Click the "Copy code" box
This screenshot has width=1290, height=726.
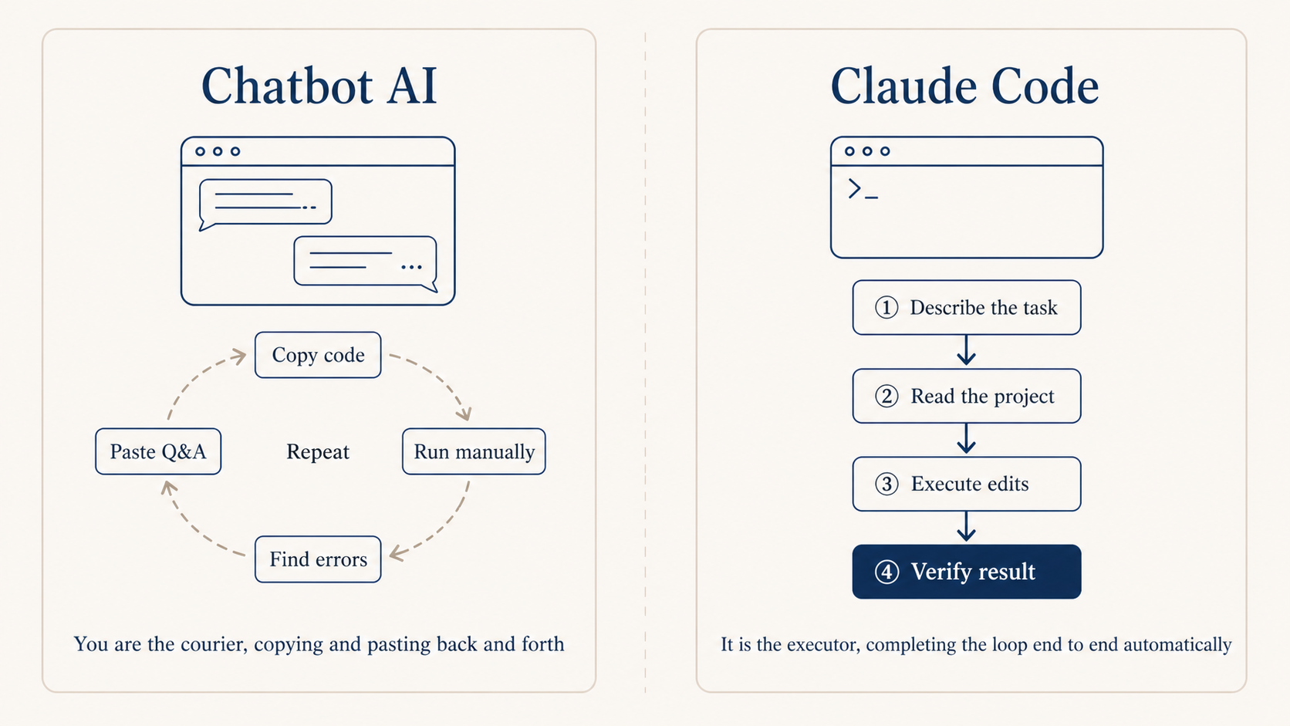[318, 355]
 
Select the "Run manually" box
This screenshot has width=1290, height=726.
[474, 451]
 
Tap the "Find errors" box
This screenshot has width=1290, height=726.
[318, 559]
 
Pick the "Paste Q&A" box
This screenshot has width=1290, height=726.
[158, 451]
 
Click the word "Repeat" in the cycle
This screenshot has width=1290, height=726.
[318, 451]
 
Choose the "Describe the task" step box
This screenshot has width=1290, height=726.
[967, 307]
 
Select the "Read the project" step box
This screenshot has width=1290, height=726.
[967, 396]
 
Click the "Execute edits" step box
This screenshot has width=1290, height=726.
[967, 484]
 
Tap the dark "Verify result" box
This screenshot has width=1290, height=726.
[967, 572]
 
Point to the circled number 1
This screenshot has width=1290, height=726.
[886, 307]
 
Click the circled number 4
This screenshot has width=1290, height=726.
[886, 572]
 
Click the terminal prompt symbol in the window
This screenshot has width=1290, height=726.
[861, 189]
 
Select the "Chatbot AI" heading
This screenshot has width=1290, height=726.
[319, 86]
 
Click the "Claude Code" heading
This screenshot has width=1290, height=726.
[964, 86]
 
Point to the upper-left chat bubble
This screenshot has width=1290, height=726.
[265, 202]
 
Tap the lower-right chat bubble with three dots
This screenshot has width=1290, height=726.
[365, 262]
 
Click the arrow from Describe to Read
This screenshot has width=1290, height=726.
[967, 351]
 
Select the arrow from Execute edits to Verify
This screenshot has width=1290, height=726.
[967, 528]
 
